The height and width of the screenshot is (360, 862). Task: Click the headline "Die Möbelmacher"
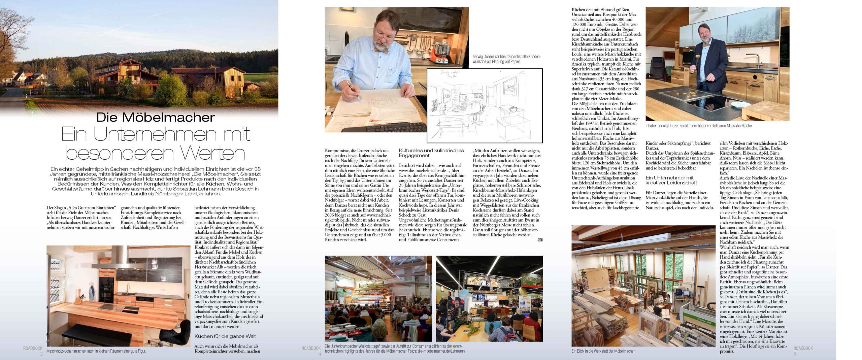(x=155, y=117)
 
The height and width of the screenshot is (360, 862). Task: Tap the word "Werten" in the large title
(x=212, y=153)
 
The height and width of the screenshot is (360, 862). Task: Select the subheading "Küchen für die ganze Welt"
(x=225, y=336)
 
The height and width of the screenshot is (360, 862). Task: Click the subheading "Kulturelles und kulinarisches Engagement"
(x=431, y=153)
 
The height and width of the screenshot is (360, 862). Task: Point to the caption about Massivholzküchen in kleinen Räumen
(x=96, y=351)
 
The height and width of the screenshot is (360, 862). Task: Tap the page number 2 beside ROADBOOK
(x=41, y=354)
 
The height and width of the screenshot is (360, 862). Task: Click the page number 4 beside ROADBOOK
(x=320, y=354)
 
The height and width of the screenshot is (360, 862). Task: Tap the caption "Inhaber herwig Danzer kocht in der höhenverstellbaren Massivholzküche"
(x=698, y=126)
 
